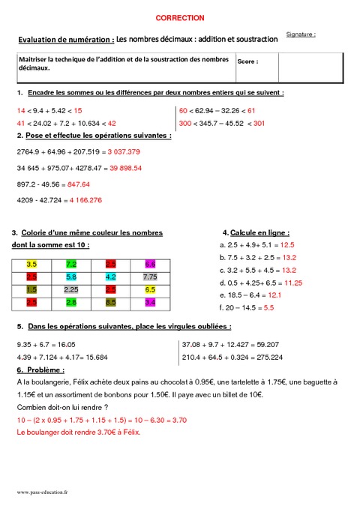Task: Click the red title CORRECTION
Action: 180,17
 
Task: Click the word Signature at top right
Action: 300,34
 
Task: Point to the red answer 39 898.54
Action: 126,168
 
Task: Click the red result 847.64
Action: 78,184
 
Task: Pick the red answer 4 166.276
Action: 85,200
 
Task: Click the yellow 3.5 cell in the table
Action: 31,265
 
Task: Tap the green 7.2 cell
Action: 71,265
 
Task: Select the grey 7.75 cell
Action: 149,277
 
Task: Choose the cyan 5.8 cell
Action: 71,277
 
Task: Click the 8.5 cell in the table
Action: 110,302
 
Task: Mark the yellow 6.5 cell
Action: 149,289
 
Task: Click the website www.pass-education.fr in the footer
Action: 42,492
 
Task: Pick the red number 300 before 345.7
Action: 185,123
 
